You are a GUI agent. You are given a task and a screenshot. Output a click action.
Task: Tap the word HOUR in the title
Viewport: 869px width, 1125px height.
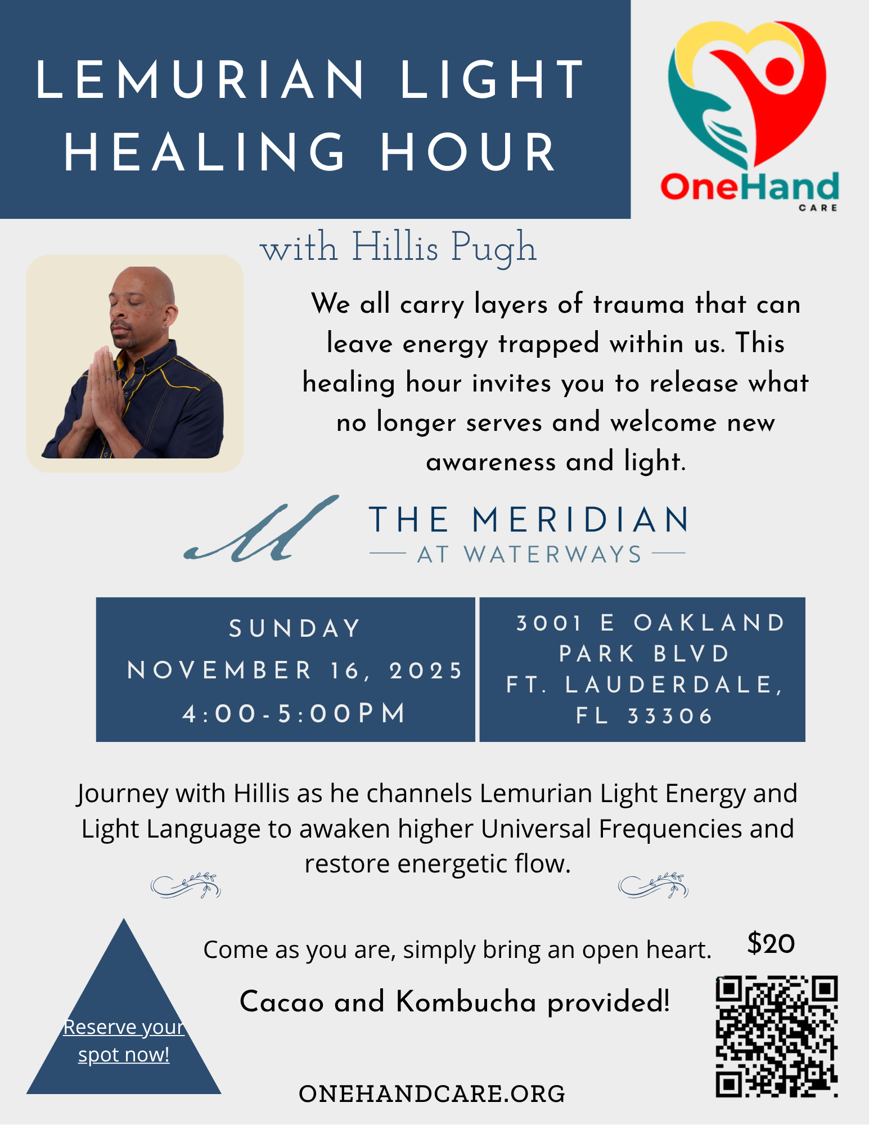[469, 153]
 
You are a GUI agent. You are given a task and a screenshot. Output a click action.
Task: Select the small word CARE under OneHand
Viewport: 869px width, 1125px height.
[818, 208]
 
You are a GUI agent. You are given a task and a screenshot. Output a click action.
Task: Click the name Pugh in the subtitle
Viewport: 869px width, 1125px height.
[494, 248]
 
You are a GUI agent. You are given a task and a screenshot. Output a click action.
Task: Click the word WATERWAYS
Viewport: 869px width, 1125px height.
[552, 555]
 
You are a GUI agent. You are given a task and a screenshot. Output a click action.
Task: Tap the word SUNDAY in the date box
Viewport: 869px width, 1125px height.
[295, 629]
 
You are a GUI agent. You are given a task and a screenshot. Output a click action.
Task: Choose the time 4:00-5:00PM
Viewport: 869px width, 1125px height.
[295, 713]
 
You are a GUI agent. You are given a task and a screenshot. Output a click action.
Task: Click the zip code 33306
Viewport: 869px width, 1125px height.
[670, 716]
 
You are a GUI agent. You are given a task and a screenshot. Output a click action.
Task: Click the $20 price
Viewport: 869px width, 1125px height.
[771, 943]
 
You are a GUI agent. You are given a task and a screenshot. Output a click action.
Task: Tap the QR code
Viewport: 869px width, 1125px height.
[777, 1036]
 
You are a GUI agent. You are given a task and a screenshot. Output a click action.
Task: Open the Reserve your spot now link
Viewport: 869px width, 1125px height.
[124, 1041]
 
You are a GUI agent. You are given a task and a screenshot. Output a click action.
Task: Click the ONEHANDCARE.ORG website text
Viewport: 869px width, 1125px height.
[432, 1094]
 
